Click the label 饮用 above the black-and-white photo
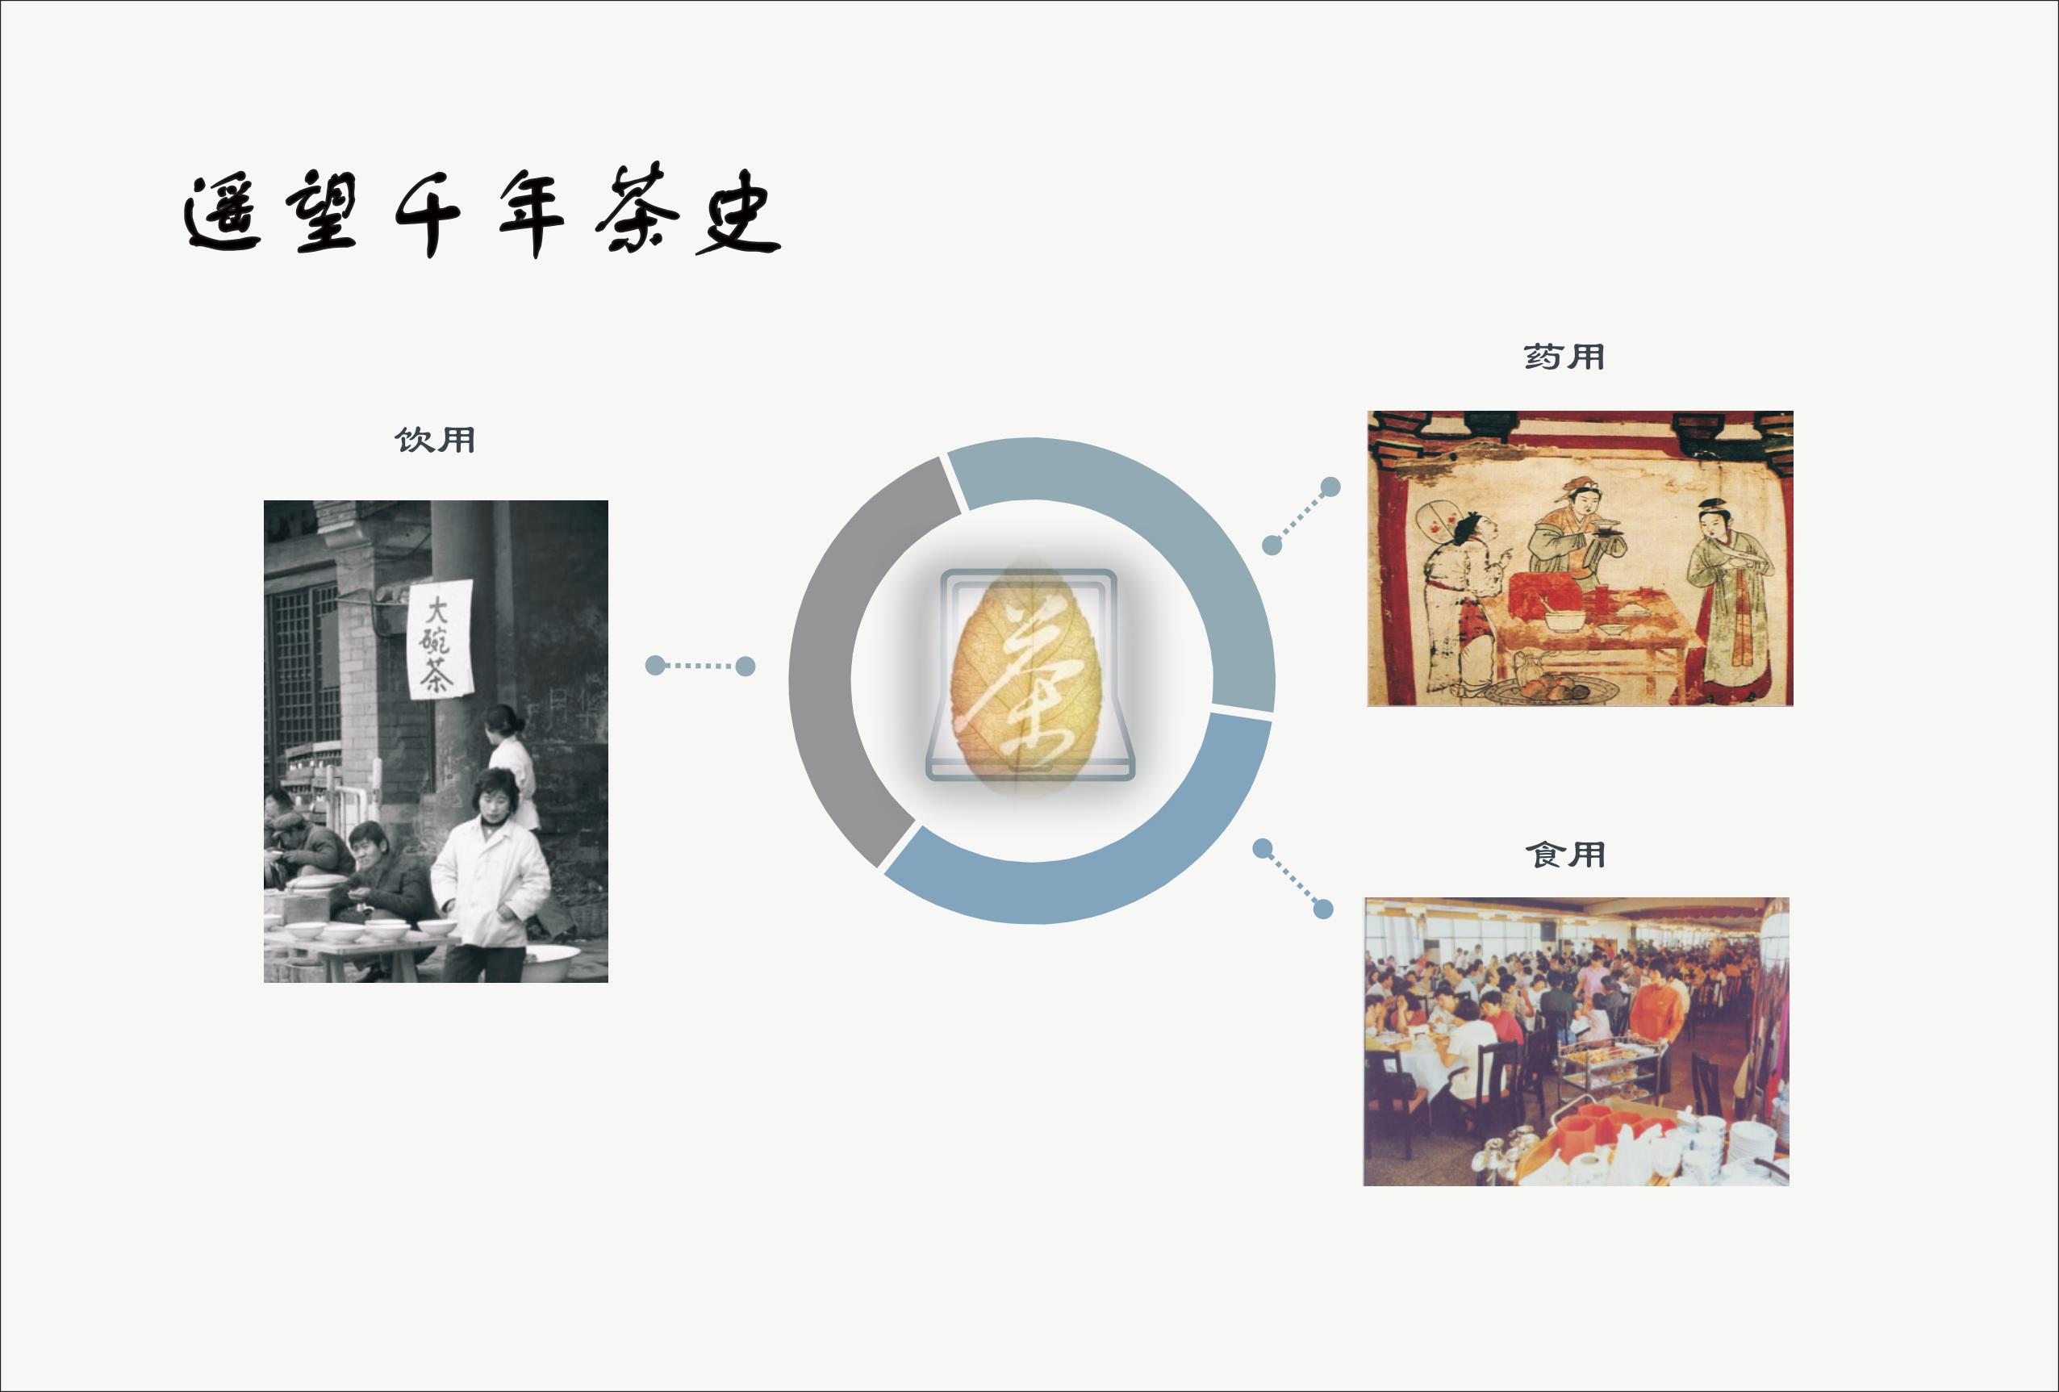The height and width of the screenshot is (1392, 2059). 435,440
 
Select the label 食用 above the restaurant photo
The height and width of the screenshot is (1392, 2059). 1565,855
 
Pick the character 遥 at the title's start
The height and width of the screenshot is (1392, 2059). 223,213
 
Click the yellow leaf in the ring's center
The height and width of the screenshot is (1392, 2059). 1027,678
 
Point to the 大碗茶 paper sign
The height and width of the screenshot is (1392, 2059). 441,639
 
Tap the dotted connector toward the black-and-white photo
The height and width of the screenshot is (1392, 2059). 700,666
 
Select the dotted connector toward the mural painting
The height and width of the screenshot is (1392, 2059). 1301,516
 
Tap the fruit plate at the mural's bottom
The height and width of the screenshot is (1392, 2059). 1552,688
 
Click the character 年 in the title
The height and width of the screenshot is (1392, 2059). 532,213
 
